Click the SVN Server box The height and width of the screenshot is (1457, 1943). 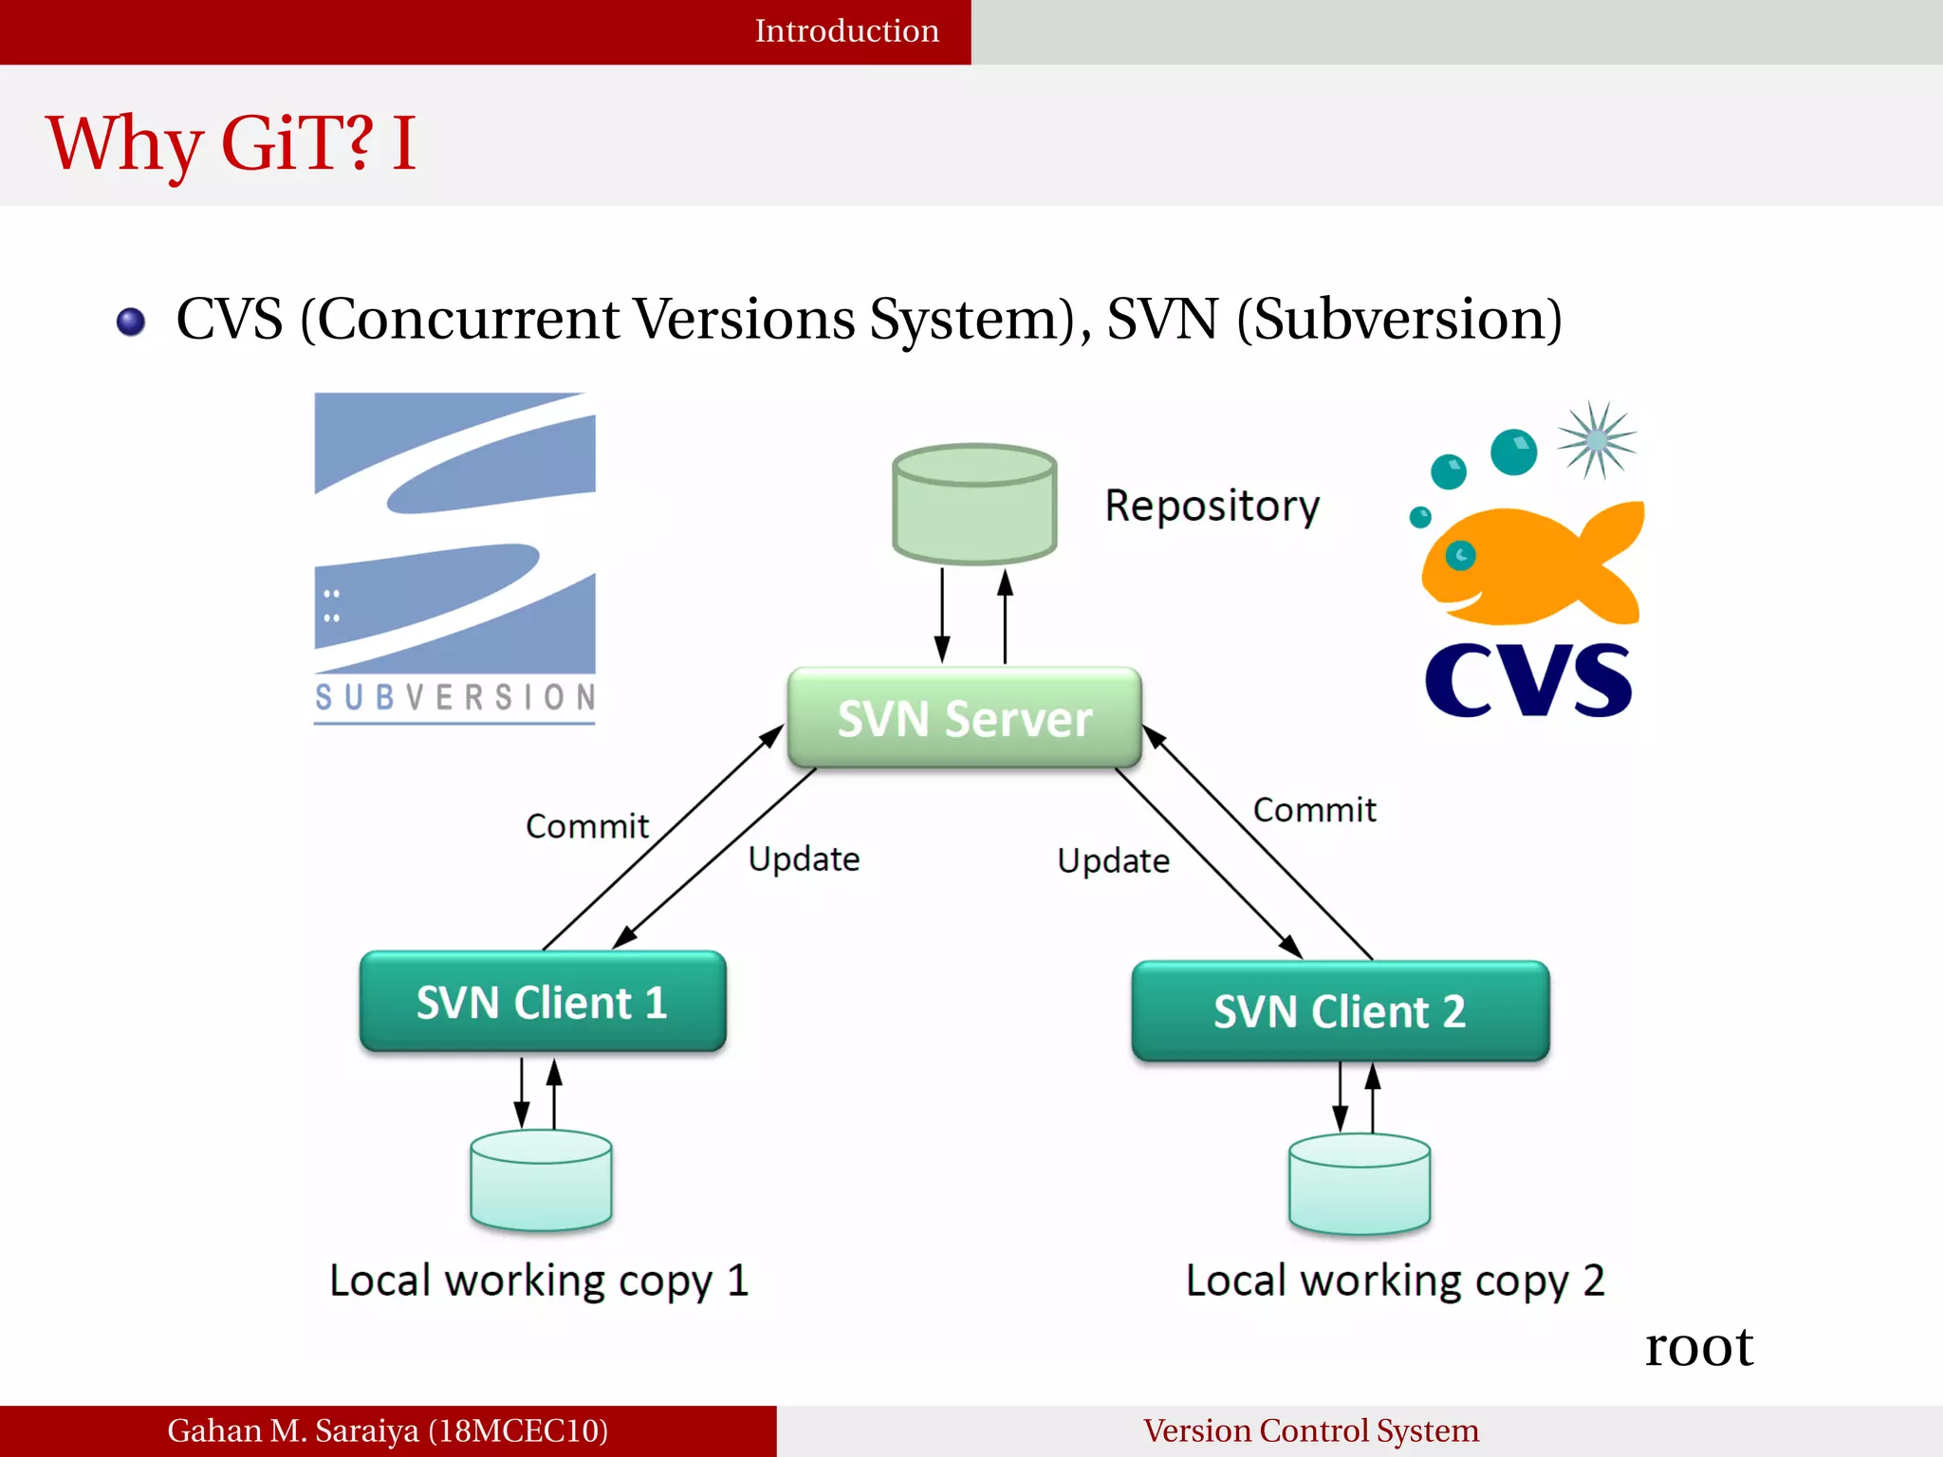964,718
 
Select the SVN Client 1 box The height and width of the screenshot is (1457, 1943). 542,1002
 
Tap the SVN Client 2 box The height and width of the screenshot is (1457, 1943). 1340,1011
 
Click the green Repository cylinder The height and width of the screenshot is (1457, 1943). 974,505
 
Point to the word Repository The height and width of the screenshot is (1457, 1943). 1212,505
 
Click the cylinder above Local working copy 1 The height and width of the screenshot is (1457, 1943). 541,1180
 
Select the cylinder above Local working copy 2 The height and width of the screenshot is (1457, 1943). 1359,1184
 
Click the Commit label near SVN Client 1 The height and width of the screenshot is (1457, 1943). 587,826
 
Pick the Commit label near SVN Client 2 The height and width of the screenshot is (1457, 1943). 1314,810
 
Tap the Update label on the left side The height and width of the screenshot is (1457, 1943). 804,859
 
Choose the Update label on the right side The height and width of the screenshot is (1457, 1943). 1113,861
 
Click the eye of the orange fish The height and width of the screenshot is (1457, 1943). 1460,555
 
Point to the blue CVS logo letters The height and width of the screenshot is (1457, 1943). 1527,680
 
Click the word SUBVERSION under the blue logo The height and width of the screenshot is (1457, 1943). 454,698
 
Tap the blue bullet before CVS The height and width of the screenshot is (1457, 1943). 131,322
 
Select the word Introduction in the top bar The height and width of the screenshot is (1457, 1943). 846,31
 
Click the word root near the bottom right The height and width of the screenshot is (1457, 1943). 1698,1347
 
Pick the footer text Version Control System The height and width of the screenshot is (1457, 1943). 1310,1430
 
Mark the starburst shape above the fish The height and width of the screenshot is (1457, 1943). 1597,440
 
